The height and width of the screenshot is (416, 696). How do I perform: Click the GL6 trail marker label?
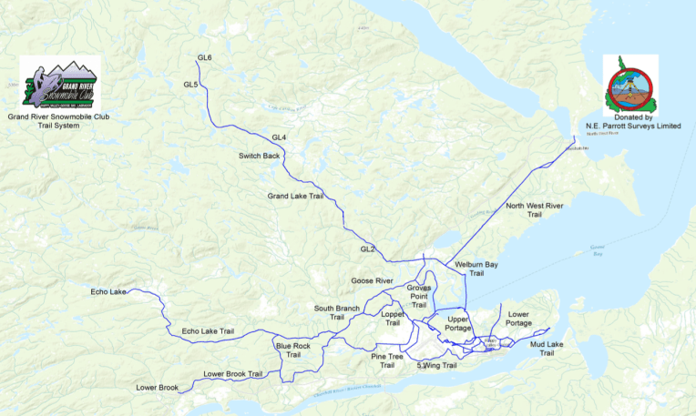click(x=204, y=58)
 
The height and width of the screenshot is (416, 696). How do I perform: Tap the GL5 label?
click(x=190, y=85)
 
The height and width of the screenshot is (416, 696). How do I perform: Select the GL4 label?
click(x=279, y=137)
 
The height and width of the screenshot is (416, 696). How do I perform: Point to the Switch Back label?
click(x=259, y=156)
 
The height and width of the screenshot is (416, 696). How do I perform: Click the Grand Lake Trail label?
click(x=295, y=196)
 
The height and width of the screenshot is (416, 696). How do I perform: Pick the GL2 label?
click(x=367, y=249)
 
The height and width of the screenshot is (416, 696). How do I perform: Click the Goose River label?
click(x=372, y=281)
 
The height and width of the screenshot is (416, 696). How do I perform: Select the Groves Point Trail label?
click(x=419, y=296)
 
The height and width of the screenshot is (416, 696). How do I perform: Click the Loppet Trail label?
click(x=393, y=318)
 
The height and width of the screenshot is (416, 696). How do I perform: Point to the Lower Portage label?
click(x=518, y=319)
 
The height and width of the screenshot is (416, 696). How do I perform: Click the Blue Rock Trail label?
click(x=292, y=350)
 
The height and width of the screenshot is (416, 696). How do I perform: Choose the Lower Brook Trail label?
click(x=232, y=374)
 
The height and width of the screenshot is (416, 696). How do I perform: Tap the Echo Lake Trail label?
click(x=208, y=330)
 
